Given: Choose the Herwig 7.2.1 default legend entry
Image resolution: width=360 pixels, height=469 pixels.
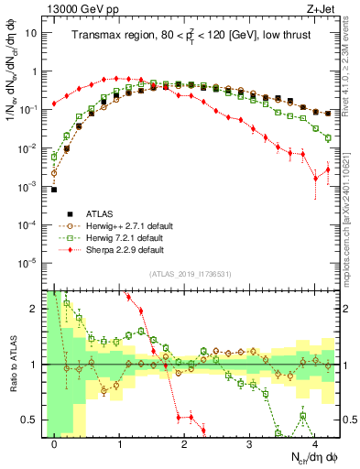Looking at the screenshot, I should (x=123, y=237).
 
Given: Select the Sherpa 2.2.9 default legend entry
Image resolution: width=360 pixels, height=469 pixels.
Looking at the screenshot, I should (x=123, y=249).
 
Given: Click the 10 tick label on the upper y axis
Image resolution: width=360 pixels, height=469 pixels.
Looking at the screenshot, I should (x=32, y=33).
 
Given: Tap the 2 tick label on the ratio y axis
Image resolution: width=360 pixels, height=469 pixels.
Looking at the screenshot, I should (x=36, y=309).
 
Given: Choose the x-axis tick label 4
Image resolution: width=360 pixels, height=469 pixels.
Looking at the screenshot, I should (x=314, y=442).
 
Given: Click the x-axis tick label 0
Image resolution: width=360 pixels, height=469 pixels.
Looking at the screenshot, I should (x=54, y=442).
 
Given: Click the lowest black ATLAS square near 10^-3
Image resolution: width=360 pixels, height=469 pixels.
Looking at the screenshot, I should (x=54, y=190).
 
